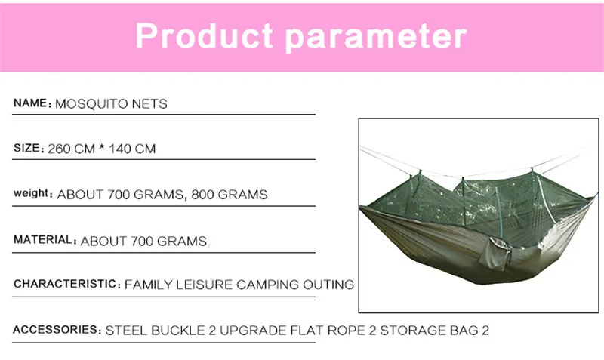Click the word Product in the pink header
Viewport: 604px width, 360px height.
204,35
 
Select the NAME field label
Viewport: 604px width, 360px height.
30,103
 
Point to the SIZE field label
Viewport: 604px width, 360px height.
26,148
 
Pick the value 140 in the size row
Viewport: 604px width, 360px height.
120,149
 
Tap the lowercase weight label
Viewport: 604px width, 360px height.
31,193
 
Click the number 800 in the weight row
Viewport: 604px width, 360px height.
202,195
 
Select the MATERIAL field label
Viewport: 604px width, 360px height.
43,239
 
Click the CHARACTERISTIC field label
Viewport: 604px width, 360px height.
65,284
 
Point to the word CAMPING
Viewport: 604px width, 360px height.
268,285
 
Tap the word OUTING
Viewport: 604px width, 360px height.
328,285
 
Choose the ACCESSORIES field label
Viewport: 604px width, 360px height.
55,330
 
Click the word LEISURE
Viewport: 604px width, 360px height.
205,285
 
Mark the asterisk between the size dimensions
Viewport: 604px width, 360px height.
102,146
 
